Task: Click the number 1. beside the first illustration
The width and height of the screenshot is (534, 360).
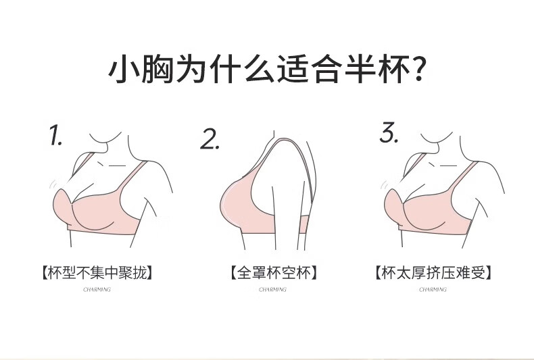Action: tap(56, 136)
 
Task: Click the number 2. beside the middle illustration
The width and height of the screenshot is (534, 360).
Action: tap(210, 138)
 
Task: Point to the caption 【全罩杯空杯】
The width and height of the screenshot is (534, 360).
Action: tap(273, 274)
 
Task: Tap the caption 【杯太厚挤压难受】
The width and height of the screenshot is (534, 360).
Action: tap(433, 274)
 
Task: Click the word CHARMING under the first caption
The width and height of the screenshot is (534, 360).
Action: tap(97, 289)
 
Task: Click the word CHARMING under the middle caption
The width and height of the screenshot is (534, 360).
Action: tap(273, 289)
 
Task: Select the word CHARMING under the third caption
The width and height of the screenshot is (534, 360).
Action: tap(433, 289)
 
